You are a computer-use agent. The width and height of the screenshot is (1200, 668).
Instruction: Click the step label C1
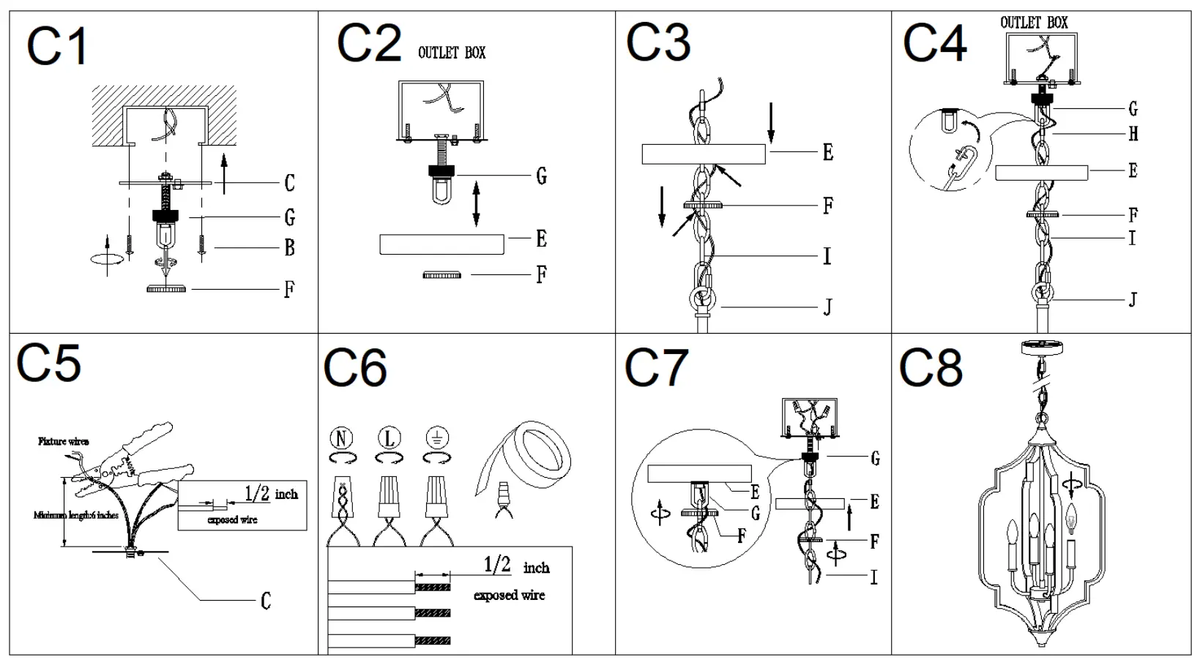click(57, 47)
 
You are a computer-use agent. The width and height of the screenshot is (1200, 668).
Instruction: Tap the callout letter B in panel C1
click(289, 248)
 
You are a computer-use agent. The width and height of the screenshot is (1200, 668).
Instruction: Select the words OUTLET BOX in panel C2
click(451, 53)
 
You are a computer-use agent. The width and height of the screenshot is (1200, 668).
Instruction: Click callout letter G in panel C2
click(541, 176)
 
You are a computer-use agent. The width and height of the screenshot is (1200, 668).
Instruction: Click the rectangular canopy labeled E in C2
click(441, 244)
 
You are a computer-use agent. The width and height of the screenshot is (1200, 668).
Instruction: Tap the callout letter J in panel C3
click(827, 307)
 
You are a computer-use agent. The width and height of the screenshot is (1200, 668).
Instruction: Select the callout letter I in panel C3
click(827, 256)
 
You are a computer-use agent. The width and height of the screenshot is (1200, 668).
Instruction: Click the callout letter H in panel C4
click(1133, 134)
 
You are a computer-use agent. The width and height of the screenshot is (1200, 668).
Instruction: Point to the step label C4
click(934, 43)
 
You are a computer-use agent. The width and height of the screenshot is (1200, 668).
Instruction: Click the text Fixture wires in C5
click(64, 441)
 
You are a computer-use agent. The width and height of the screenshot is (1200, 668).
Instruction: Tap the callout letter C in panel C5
click(265, 601)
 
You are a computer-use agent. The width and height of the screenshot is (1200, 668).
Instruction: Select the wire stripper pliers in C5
click(139, 461)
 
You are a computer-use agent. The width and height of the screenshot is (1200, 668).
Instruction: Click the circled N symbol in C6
click(341, 438)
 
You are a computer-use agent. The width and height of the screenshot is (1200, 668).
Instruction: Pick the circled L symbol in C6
click(389, 438)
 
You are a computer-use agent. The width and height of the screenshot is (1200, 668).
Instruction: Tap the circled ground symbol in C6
click(436, 438)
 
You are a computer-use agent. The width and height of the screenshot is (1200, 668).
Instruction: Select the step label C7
click(656, 367)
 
